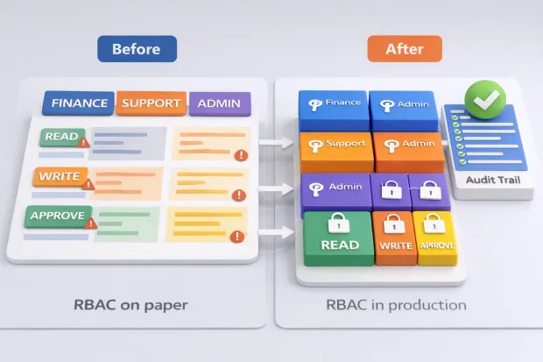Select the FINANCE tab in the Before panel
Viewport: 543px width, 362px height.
point(79,103)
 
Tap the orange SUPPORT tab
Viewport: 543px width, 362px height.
point(152,103)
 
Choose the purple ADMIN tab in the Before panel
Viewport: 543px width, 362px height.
point(219,103)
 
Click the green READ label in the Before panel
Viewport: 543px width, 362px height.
point(60,137)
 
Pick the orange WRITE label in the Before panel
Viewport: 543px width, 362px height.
point(59,177)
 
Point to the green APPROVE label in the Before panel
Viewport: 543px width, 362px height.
point(57,216)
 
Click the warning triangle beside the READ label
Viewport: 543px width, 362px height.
point(83,142)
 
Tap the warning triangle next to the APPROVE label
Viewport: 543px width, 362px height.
point(90,223)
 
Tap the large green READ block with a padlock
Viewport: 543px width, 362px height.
point(337,237)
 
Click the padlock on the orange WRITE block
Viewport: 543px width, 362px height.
point(394,223)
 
